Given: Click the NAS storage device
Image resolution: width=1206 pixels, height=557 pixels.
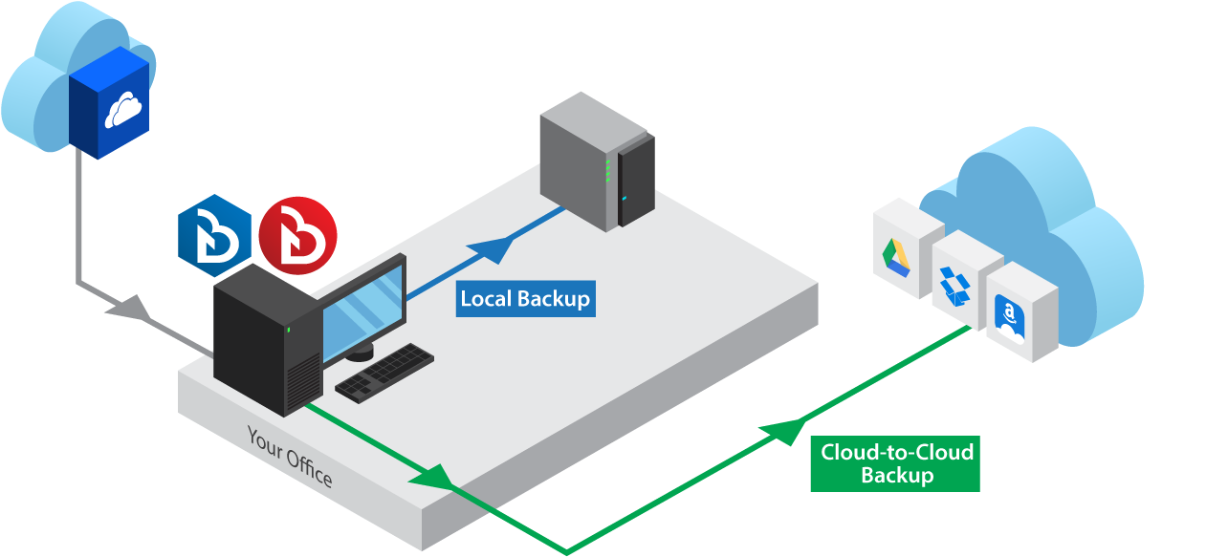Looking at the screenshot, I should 596,167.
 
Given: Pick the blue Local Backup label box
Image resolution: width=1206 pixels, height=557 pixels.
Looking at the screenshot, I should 525,298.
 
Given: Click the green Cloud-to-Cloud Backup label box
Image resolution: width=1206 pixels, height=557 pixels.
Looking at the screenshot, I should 896,463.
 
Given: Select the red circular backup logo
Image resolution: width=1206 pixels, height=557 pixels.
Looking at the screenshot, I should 297,234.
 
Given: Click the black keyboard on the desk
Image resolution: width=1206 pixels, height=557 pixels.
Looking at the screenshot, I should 384,371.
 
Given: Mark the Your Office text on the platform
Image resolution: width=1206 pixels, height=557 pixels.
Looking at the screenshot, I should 290,457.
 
